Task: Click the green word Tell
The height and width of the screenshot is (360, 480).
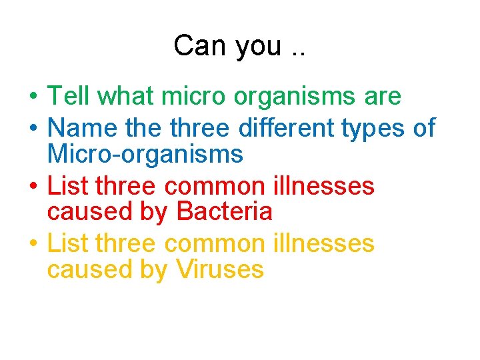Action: [x=69, y=97]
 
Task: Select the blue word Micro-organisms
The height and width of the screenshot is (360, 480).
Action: [x=145, y=155]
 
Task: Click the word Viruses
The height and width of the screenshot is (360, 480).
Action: [x=220, y=270]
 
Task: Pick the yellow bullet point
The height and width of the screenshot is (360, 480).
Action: [x=32, y=245]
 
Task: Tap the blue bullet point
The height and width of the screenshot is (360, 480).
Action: [x=32, y=127]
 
